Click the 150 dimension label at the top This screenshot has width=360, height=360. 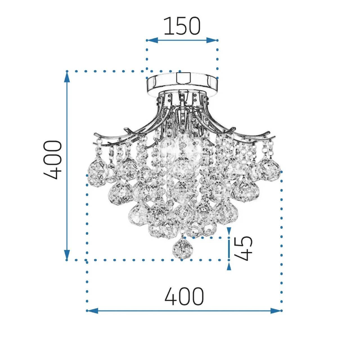tap(182, 26)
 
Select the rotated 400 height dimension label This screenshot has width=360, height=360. tap(53, 160)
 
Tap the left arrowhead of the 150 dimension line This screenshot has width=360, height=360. tap(152, 40)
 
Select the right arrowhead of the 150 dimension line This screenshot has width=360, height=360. tap(212, 40)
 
